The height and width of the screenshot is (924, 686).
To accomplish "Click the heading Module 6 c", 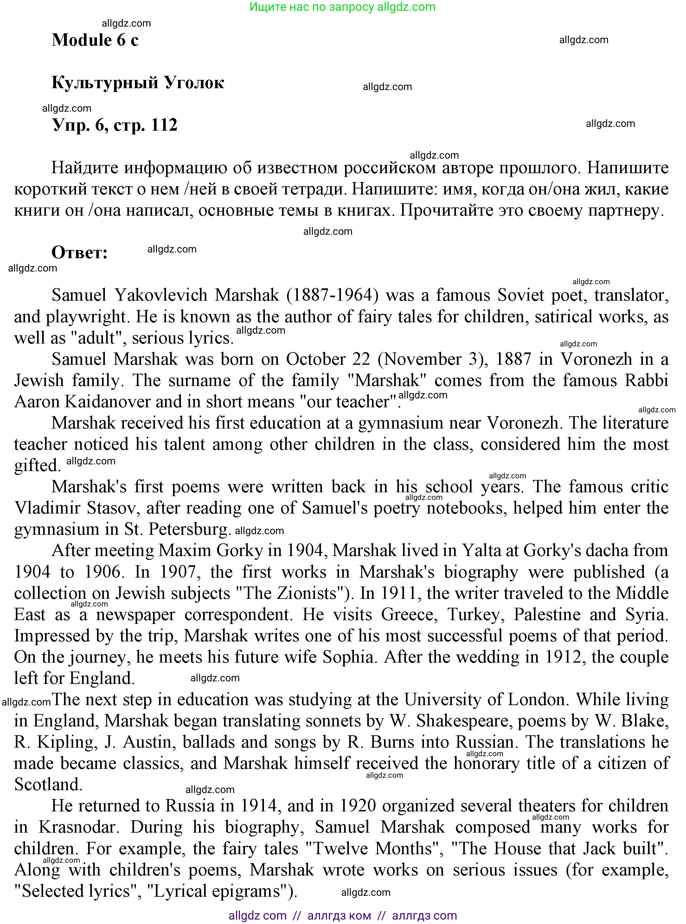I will (x=95, y=40).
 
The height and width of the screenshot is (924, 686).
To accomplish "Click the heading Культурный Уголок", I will (x=138, y=83).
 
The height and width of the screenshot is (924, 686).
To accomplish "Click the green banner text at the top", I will (x=342, y=7).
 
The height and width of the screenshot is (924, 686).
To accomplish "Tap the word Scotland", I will (x=48, y=785).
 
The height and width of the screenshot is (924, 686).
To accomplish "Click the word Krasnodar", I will (x=79, y=827).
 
